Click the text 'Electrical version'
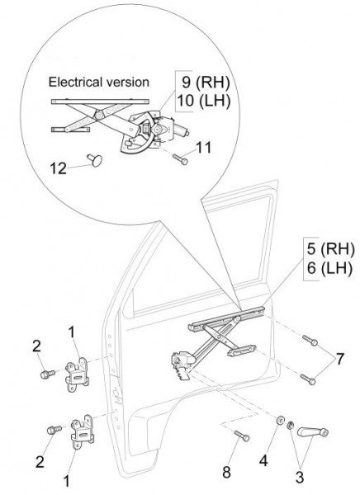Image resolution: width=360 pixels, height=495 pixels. (98, 82)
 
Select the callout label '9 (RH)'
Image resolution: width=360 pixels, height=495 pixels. (206, 82)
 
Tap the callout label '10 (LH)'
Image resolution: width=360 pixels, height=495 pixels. (203, 101)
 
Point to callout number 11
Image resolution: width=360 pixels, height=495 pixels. (203, 148)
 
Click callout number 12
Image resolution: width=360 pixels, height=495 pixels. (59, 168)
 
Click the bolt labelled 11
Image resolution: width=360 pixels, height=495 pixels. (180, 158)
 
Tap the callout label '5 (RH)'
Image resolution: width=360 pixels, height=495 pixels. (330, 249)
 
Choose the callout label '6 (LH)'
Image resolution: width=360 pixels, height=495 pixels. (329, 269)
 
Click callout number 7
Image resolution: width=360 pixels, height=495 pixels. (339, 359)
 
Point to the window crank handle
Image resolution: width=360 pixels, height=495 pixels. (313, 431)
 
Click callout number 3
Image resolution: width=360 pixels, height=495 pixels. (300, 477)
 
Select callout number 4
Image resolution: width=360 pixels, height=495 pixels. (263, 461)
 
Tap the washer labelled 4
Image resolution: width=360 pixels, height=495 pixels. (280, 421)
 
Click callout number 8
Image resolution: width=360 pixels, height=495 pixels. (226, 472)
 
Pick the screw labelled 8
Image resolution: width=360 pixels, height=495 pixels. (242, 436)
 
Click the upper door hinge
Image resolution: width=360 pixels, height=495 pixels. (77, 375)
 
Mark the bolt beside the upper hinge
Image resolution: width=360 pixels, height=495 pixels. (48, 374)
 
